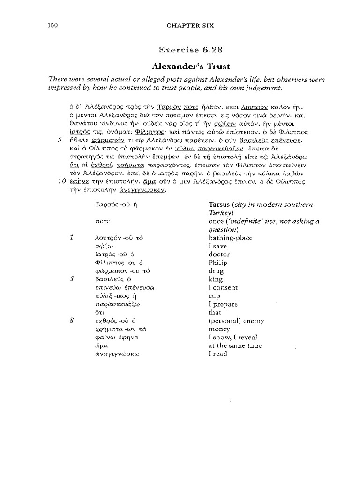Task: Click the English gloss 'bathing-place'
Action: (230, 238)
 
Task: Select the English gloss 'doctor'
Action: (219, 254)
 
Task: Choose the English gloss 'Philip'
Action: (217, 262)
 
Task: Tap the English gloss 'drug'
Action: (216, 271)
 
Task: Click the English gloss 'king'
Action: (216, 279)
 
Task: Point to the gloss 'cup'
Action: (214, 296)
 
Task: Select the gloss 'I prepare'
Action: (223, 304)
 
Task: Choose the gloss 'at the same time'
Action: (232, 345)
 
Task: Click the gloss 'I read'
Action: (217, 354)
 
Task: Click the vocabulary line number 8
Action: (72, 321)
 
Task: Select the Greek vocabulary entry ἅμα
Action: (102, 346)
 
